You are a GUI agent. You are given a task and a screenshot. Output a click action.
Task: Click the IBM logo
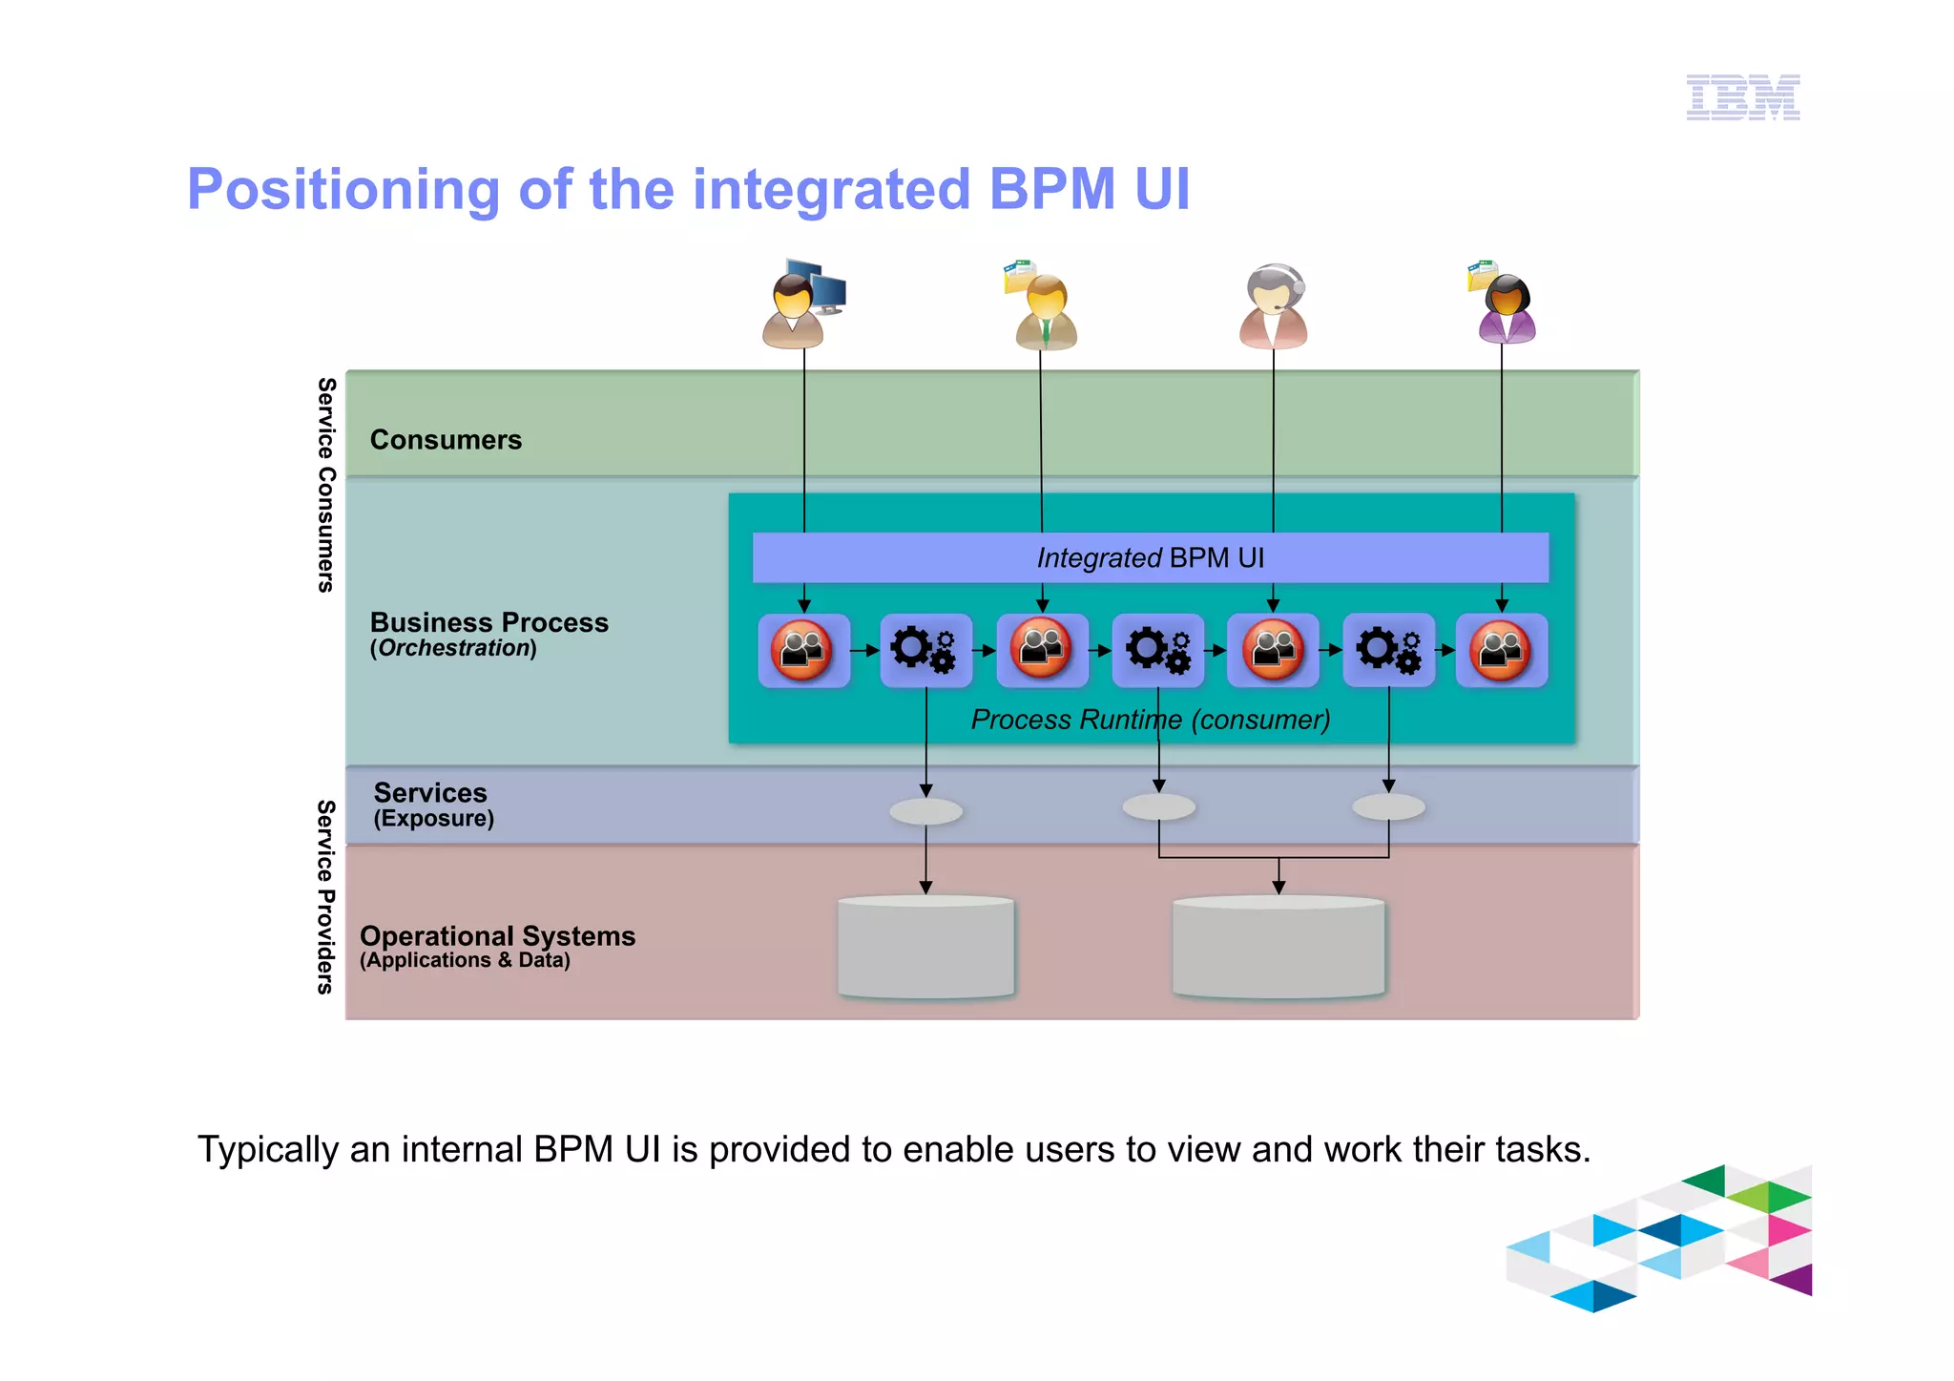coord(1742,97)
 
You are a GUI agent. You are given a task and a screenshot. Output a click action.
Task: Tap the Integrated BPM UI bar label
coord(1150,557)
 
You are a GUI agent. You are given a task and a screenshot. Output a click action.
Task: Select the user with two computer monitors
coord(801,304)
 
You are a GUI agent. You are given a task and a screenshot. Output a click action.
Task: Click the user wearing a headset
coord(1274,307)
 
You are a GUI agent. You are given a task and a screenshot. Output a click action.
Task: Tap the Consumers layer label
coord(446,440)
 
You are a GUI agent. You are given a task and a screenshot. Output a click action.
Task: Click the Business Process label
coord(488,622)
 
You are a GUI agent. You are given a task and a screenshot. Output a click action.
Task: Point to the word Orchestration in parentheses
coord(454,649)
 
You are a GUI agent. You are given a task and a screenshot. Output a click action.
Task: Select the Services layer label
coord(430,793)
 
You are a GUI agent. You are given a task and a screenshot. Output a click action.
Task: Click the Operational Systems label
coord(497,936)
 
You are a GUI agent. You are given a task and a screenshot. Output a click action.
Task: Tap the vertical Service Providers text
coord(325,897)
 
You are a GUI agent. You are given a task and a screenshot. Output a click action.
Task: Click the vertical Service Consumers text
coord(325,485)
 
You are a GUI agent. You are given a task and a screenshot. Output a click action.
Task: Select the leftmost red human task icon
coord(802,650)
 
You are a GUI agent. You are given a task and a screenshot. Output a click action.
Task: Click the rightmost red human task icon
coord(1501,650)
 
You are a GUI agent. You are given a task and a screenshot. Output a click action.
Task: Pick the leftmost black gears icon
coord(924,650)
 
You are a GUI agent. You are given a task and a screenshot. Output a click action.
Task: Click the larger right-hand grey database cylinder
coord(1278,948)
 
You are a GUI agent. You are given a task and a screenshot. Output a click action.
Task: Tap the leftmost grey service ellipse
coord(925,812)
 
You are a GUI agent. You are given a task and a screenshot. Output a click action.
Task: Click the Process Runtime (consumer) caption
coord(1150,720)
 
